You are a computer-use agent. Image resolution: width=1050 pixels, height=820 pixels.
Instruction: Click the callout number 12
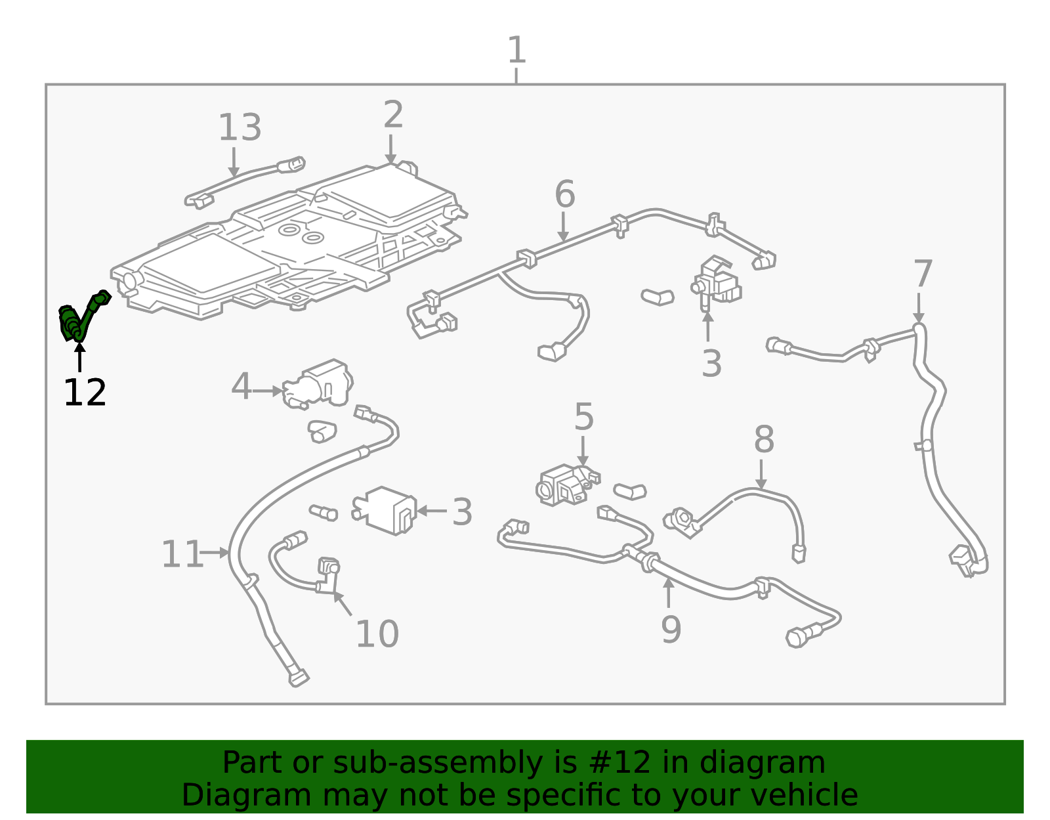tap(85, 393)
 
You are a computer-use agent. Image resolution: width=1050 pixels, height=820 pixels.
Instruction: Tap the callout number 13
tap(240, 127)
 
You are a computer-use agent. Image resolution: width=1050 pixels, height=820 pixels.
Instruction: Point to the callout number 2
tap(393, 114)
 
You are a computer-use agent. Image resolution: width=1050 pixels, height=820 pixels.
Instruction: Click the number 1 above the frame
tap(516, 50)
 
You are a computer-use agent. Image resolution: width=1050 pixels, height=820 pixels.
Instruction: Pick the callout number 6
tap(565, 194)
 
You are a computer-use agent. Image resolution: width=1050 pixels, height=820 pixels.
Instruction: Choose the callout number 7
tap(923, 274)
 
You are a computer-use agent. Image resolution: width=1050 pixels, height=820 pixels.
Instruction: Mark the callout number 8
tap(764, 440)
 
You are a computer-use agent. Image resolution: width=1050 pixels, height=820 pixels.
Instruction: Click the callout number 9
tap(671, 630)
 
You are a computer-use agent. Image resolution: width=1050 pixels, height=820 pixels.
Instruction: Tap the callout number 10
tap(377, 634)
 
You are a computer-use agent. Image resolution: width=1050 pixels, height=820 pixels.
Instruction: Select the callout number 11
tap(182, 554)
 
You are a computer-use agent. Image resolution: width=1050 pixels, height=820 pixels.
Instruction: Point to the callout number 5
tap(583, 416)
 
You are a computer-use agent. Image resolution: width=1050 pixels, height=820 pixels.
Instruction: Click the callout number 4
tap(241, 386)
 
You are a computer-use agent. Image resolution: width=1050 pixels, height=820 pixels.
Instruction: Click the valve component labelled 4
tap(318, 384)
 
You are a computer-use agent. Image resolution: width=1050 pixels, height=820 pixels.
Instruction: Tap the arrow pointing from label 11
tap(215, 552)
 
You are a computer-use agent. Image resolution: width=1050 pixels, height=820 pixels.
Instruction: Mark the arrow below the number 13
tap(234, 162)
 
